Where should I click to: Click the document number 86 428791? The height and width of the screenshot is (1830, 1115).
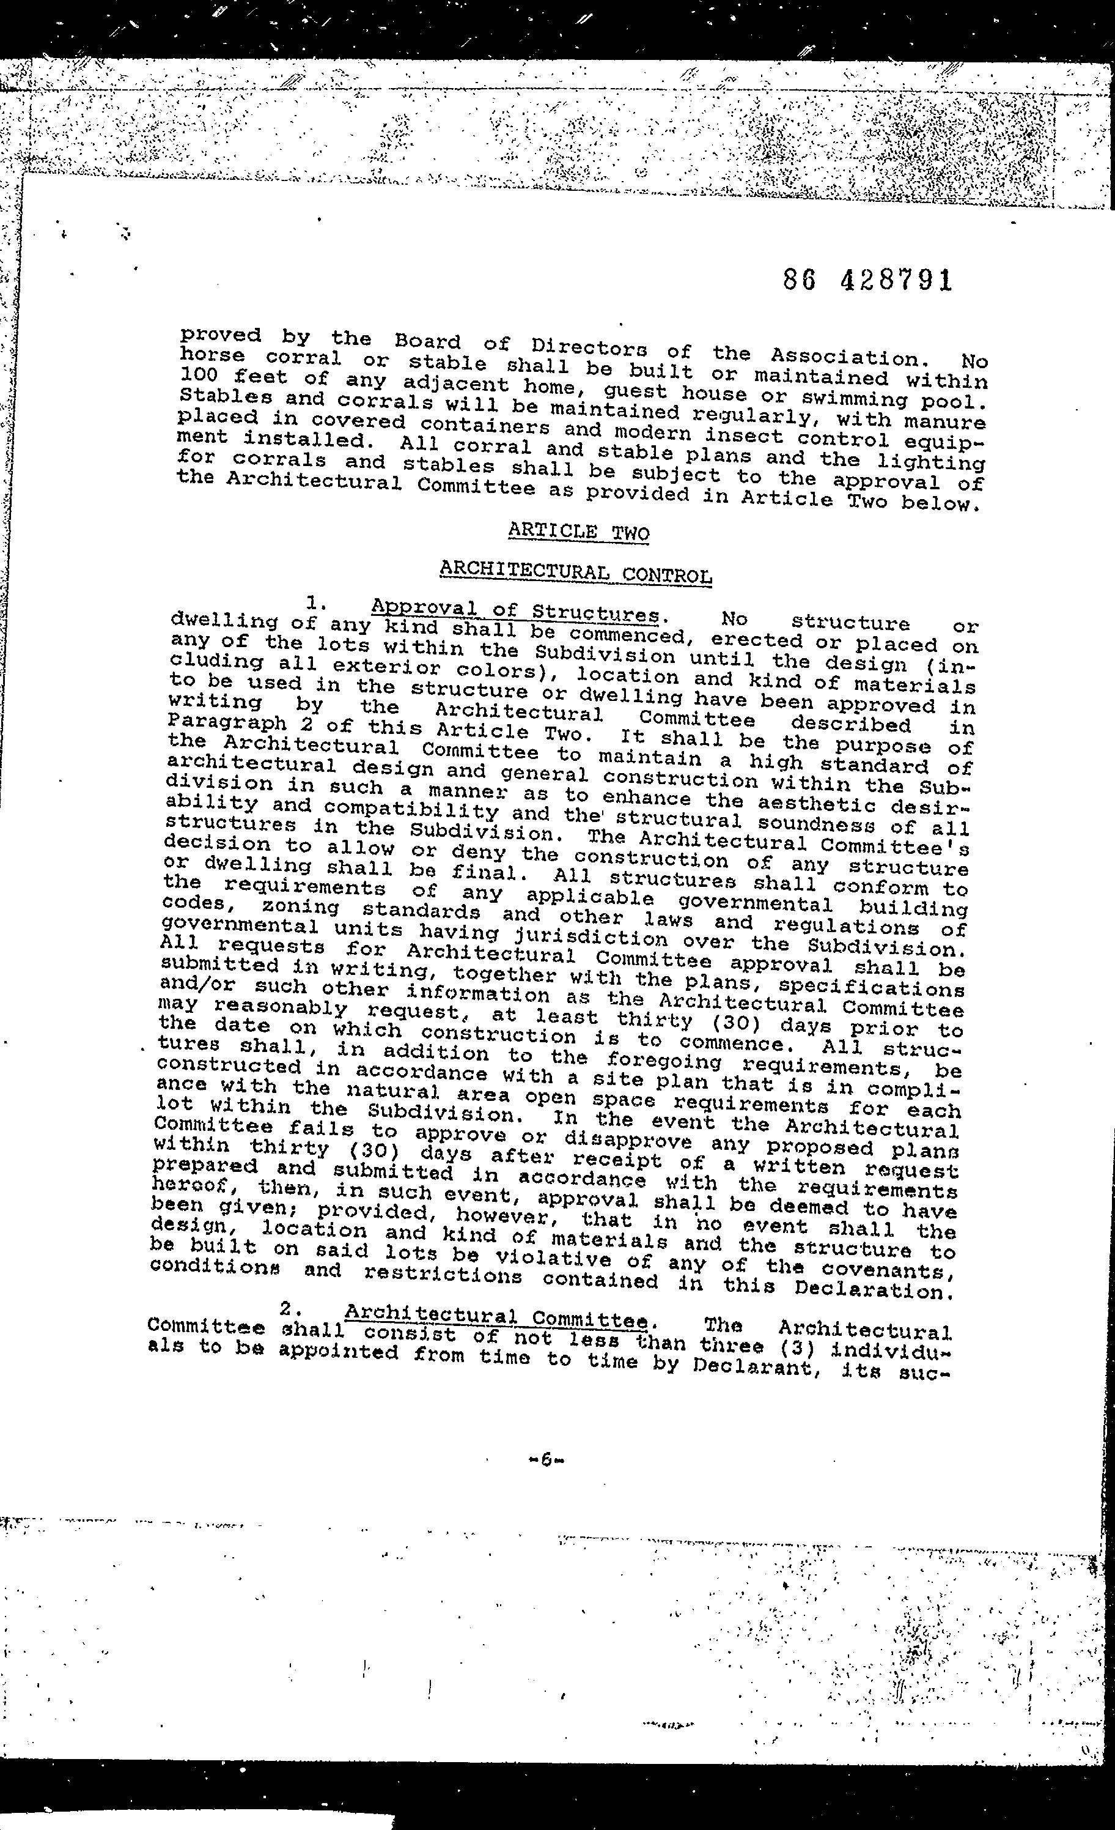click(867, 280)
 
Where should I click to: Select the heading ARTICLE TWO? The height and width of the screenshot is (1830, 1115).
click(578, 532)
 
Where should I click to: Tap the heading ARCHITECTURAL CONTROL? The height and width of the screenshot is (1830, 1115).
click(575, 572)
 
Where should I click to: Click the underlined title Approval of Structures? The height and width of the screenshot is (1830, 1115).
click(515, 610)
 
